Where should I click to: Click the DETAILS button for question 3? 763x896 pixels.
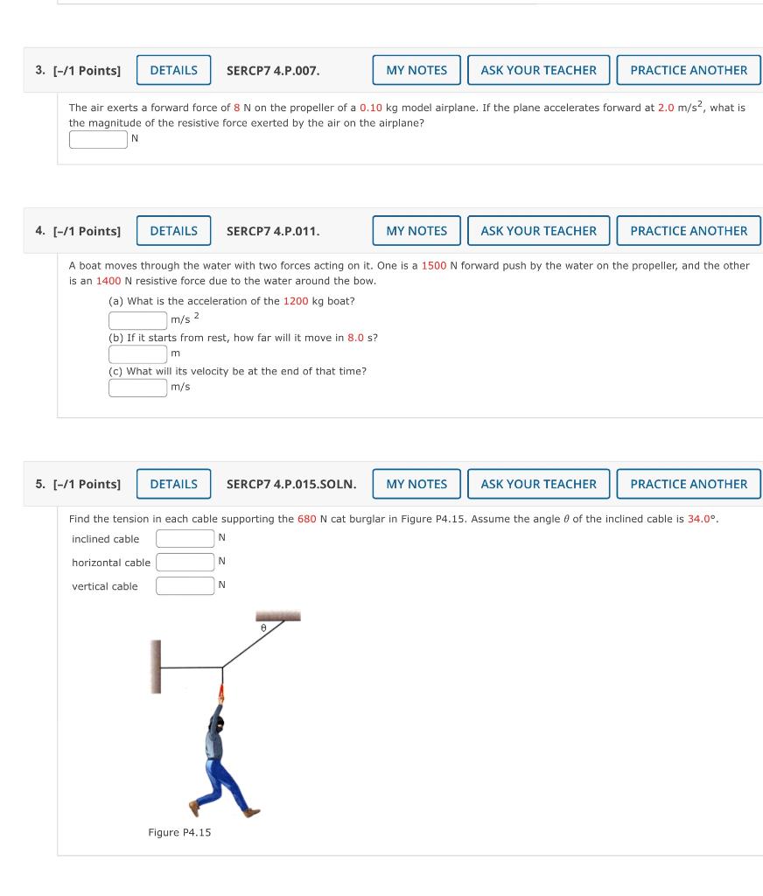click(173, 70)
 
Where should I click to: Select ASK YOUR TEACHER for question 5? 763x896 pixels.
click(538, 484)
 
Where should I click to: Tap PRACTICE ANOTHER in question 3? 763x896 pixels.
click(689, 70)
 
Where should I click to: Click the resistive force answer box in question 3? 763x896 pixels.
click(98, 139)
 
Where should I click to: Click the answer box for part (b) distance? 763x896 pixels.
click(137, 353)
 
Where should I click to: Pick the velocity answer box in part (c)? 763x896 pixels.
click(137, 387)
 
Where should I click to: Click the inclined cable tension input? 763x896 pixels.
click(185, 538)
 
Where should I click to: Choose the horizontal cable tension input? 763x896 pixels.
click(185, 562)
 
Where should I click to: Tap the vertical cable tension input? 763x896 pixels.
click(185, 586)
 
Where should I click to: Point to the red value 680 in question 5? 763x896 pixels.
click(306, 519)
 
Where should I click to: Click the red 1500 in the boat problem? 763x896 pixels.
click(434, 265)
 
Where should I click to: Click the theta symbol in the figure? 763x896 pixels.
click(262, 628)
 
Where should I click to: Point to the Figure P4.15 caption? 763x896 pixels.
click(179, 832)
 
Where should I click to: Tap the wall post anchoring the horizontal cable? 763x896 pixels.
click(156, 667)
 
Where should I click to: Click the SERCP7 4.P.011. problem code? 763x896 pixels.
click(273, 231)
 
